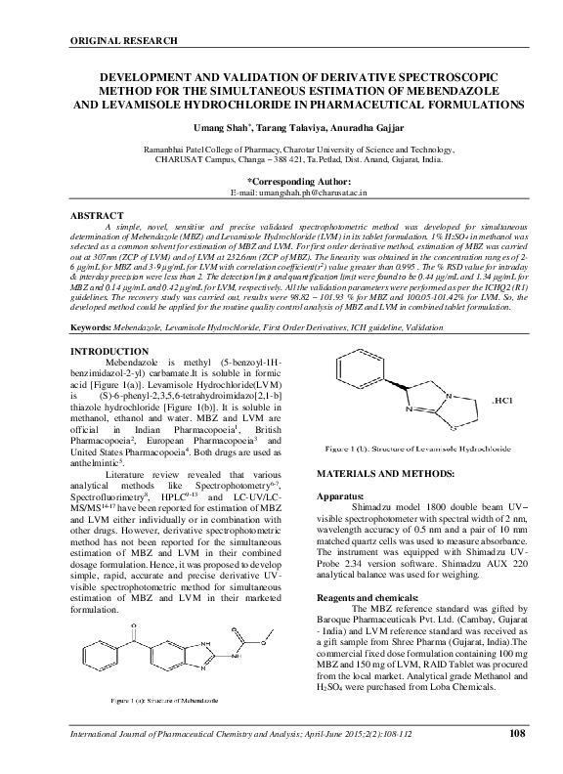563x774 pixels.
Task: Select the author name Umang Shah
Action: point(220,127)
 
